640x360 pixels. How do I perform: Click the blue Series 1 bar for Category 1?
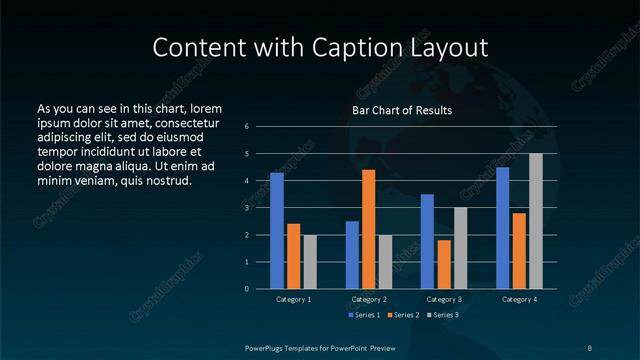click(x=277, y=231)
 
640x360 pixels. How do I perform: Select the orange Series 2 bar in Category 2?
click(x=369, y=229)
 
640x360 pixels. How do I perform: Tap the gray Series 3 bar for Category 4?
click(x=536, y=221)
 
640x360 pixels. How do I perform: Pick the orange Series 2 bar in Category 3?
click(x=444, y=264)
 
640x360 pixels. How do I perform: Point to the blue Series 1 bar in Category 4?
click(x=503, y=228)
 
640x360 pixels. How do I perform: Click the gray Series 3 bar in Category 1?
click(x=310, y=262)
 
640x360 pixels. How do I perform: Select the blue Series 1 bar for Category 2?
click(x=352, y=255)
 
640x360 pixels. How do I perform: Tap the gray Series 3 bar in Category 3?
click(x=461, y=248)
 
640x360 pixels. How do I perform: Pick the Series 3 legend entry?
click(x=441, y=315)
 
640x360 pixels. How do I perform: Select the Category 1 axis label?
click(x=294, y=300)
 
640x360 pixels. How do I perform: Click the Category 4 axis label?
click(x=519, y=300)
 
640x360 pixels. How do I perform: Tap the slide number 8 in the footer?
click(x=590, y=347)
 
